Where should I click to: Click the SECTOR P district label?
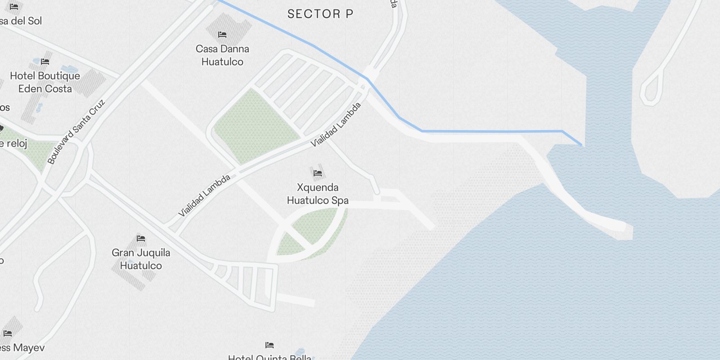[320, 14]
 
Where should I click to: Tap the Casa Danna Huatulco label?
[222, 55]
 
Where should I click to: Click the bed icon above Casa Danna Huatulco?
[222, 35]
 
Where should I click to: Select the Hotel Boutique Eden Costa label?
[45, 82]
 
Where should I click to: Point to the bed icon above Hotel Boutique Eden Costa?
[45, 62]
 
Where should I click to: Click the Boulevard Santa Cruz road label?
[76, 131]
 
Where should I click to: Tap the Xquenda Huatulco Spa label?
[318, 193]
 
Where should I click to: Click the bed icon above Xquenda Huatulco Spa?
[318, 173]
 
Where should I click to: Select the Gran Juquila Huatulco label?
[141, 259]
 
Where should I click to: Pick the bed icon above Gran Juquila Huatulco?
[141, 238]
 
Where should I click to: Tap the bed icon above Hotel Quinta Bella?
[270, 345]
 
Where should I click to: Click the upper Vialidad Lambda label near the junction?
[336, 124]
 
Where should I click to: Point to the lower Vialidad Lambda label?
[204, 195]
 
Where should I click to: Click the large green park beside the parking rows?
[255, 126]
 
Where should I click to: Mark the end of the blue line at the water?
[581, 145]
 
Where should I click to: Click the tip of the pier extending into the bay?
[625, 226]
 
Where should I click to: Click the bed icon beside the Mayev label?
[8, 333]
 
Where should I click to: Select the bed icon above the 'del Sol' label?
[14, 7]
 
